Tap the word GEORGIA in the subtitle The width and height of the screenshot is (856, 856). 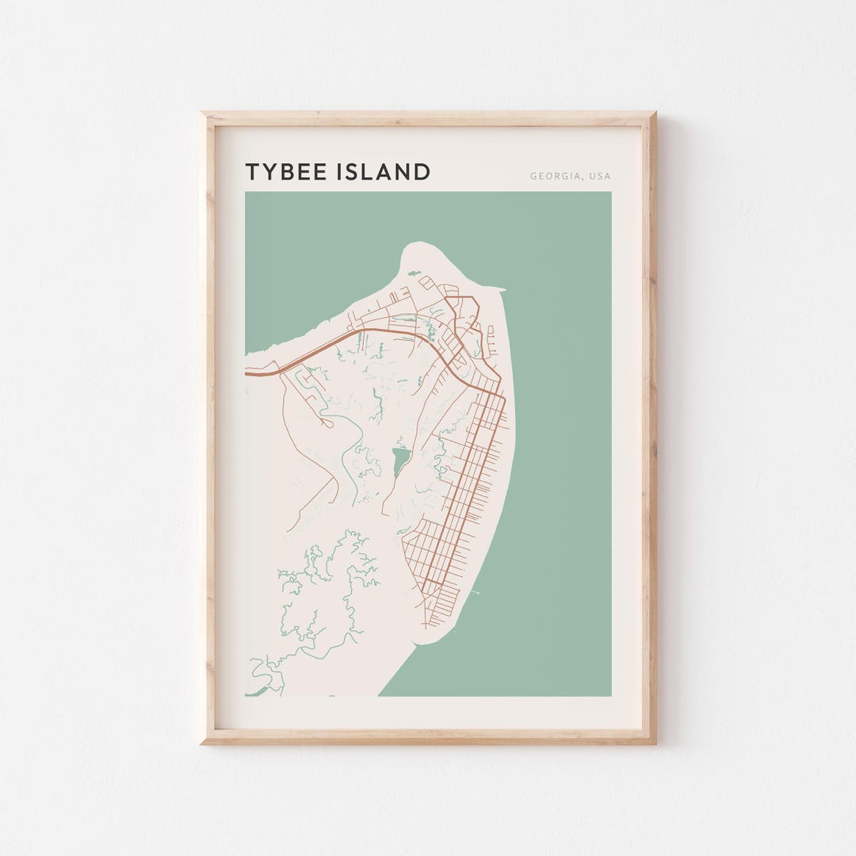pos(554,177)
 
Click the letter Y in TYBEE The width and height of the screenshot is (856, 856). pos(269,172)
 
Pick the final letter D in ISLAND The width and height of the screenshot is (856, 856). pos(423,172)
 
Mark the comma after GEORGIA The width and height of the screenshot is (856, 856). pos(581,179)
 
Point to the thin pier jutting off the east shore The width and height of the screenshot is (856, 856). pos(474,591)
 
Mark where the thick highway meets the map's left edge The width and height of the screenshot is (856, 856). pos(246,372)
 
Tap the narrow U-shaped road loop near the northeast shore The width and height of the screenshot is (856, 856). pos(491,341)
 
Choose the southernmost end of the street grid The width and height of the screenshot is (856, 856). pos(426,627)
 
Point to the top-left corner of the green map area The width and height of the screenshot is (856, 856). pos(246,192)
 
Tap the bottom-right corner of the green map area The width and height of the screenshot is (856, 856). pos(611,696)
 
